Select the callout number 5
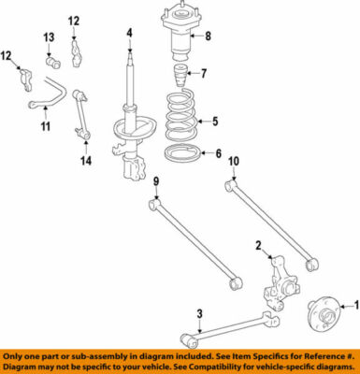point(214,121)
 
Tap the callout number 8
point(209,37)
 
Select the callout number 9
point(157,180)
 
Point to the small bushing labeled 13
point(53,63)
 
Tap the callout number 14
point(87,162)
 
